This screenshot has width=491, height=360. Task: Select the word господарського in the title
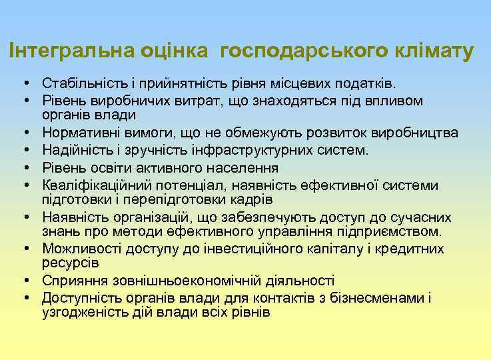pyautogui.click(x=295, y=51)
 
